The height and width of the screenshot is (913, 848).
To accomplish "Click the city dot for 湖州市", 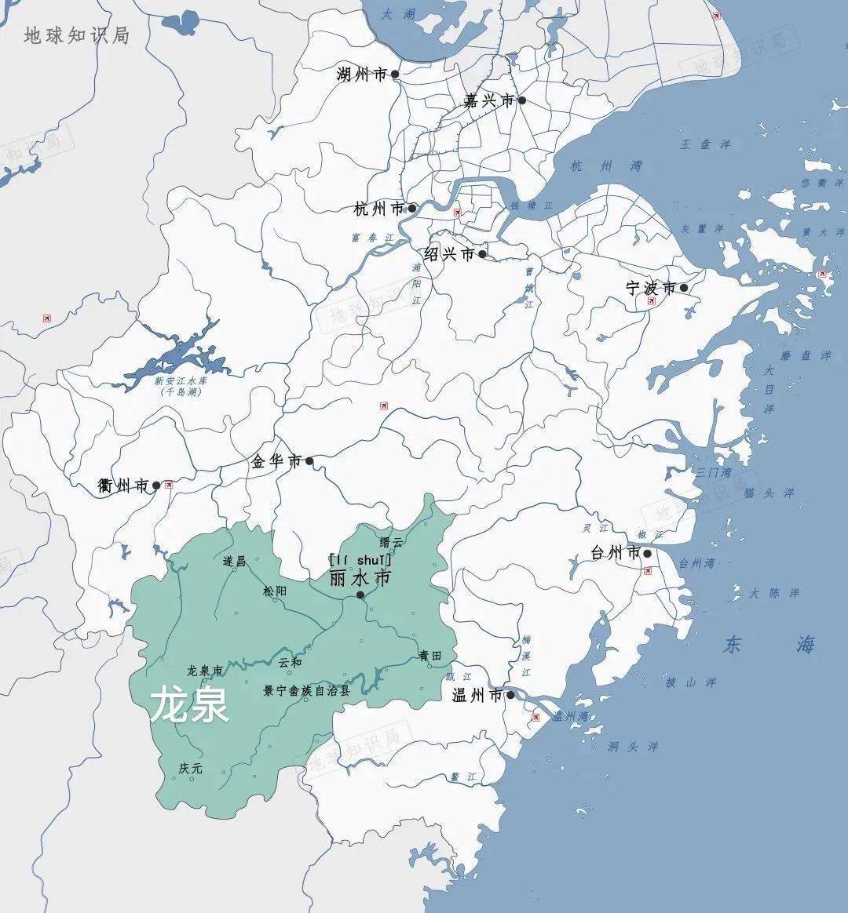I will coord(395,75).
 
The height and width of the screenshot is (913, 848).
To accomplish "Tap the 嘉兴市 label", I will coord(488,100).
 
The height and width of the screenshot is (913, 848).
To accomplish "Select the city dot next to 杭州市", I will coord(412,209).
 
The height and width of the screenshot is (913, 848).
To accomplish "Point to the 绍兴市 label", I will coord(449,254).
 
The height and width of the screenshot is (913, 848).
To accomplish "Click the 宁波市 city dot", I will coord(684,288).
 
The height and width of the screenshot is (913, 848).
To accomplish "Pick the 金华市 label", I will coord(276,461).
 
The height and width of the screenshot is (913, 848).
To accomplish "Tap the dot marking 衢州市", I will coord(156,486).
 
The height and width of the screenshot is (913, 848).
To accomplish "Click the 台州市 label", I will coord(616,553).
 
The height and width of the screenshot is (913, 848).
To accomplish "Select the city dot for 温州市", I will coord(510,695).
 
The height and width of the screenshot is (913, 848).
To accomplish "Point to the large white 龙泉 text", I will coord(189,704).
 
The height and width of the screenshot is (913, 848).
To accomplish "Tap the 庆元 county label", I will coord(191,769).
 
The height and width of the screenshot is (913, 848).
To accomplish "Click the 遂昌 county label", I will coord(234,561).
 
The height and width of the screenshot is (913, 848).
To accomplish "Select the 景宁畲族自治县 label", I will coord(306,691).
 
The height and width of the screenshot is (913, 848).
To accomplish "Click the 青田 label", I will coord(429,656).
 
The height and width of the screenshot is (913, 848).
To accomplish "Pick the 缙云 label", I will coord(391,542).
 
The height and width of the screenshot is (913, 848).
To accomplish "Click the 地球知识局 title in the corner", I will coord(76,35).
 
